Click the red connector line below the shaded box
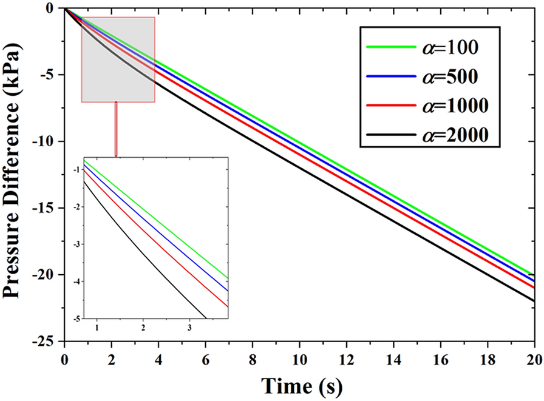click(x=116, y=130)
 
